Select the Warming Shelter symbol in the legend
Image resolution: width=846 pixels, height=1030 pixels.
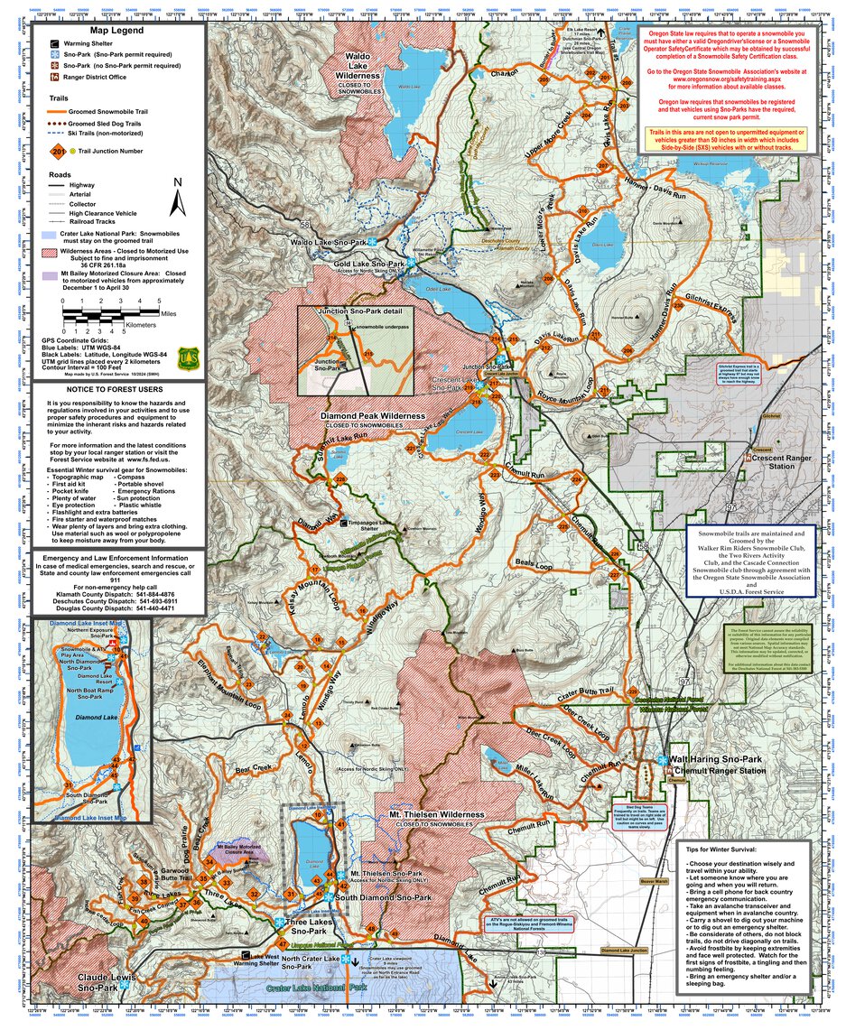[55, 42]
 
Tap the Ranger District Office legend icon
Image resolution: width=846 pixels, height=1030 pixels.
[55, 79]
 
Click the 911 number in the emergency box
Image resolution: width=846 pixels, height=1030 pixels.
[114, 580]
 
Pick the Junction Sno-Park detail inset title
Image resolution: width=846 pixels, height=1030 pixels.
[359, 311]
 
